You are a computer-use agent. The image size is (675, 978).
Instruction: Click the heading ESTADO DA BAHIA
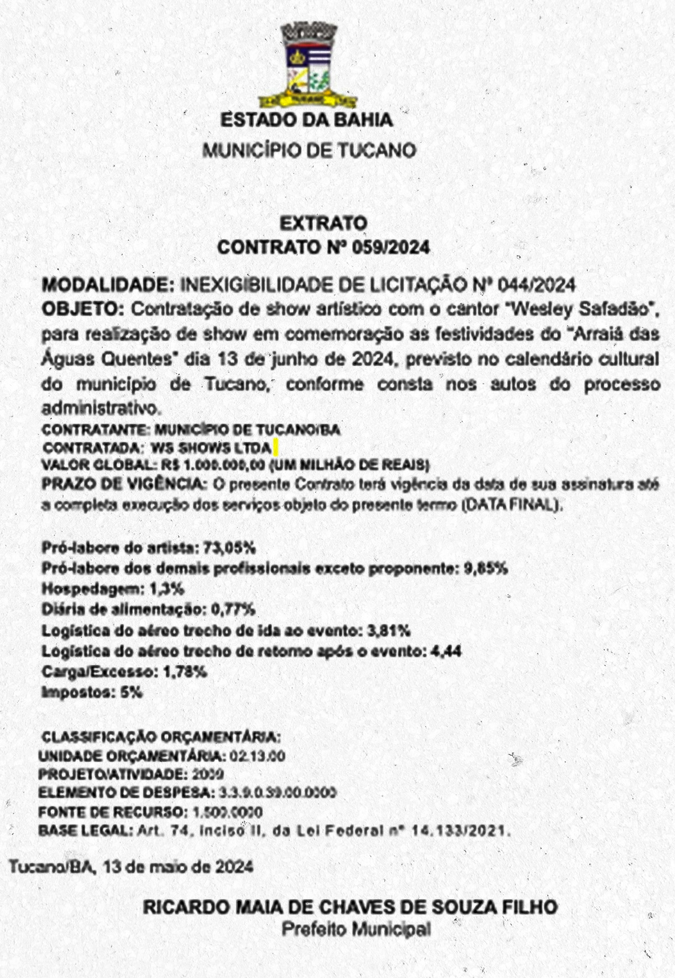pos(307,120)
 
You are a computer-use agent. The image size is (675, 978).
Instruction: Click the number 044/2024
pos(537,285)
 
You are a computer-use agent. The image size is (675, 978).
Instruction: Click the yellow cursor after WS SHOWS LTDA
pos(275,448)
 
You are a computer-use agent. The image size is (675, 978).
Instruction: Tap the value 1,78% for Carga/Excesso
pos(184,672)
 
